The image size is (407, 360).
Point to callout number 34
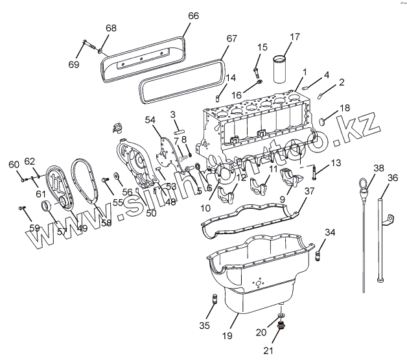pyautogui.click(x=331, y=232)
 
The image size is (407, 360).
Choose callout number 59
pyautogui.click(x=34, y=227)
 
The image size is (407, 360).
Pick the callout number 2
pyautogui.click(x=342, y=82)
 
